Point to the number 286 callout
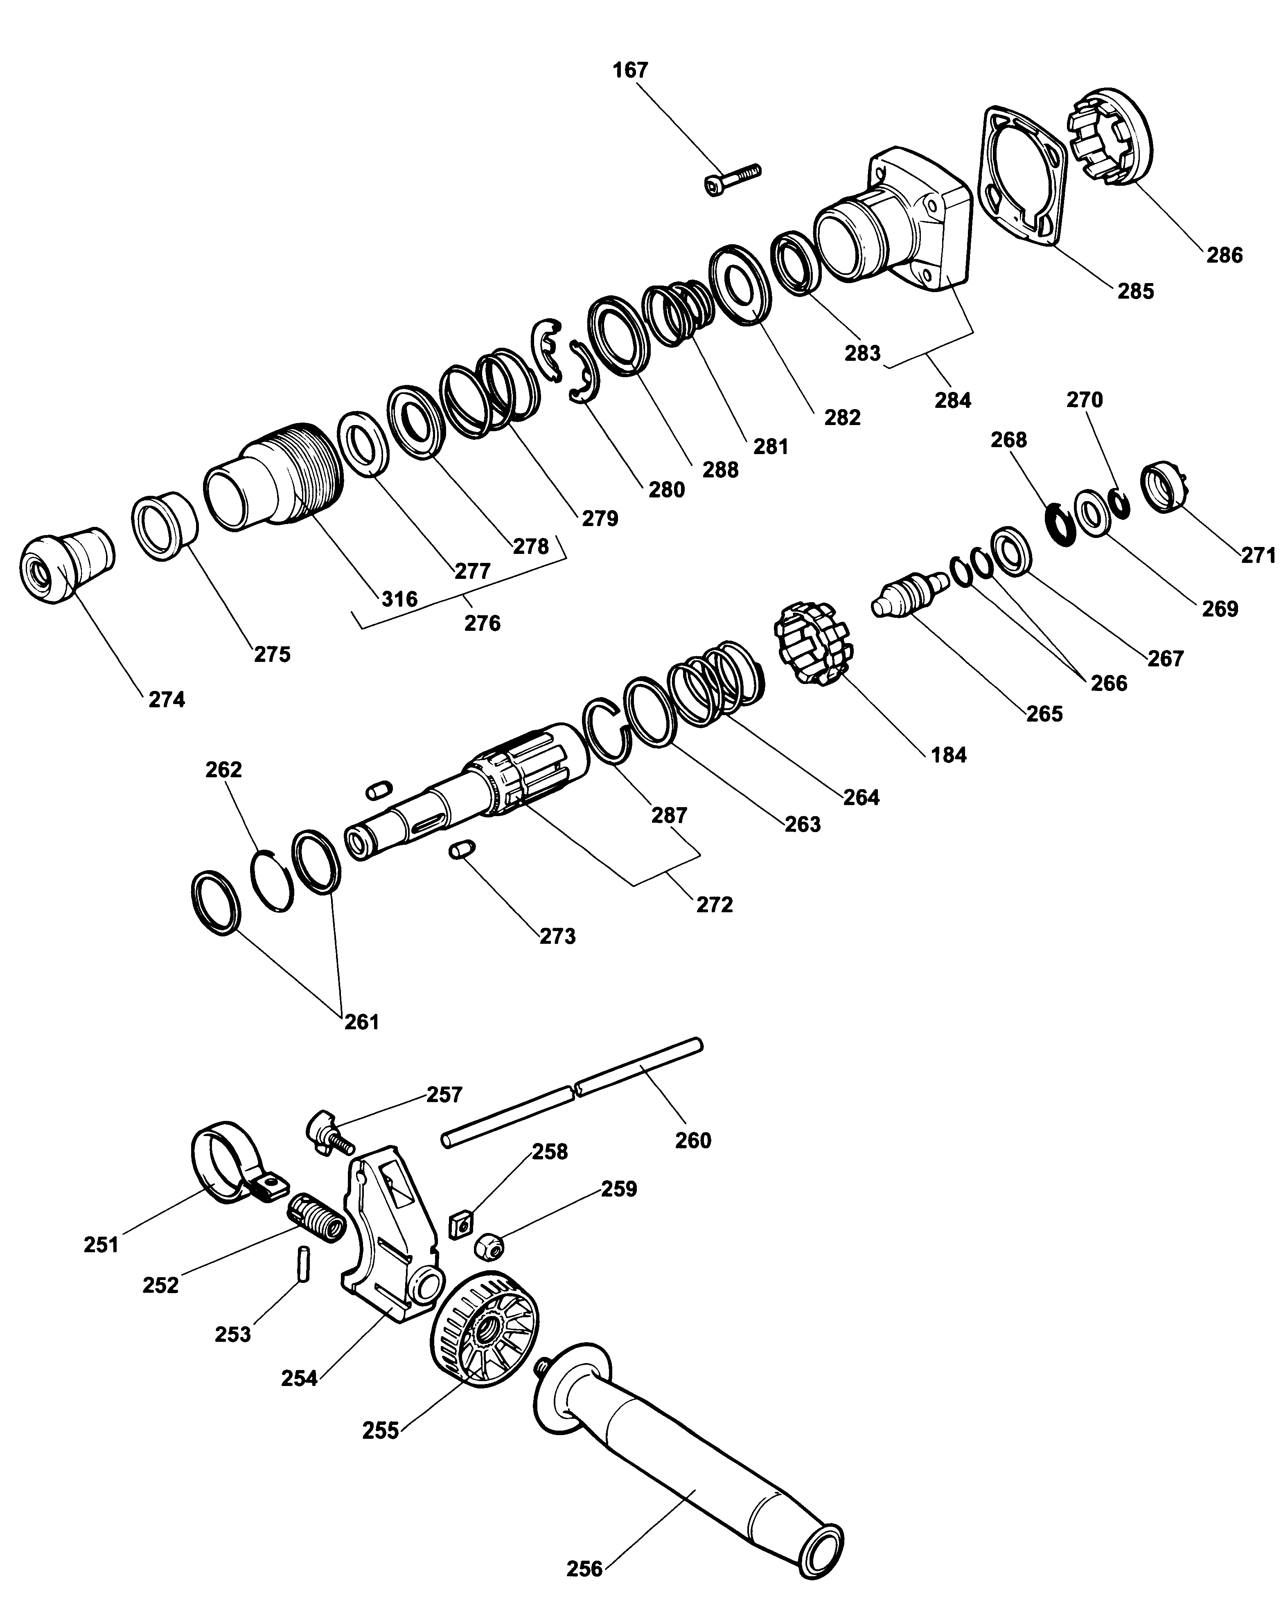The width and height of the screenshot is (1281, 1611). pos(1224,256)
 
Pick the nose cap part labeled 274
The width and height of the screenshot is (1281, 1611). pos(66,566)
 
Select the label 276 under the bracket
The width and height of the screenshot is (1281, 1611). pos(482,623)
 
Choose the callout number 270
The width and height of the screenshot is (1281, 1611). pos(1084,400)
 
